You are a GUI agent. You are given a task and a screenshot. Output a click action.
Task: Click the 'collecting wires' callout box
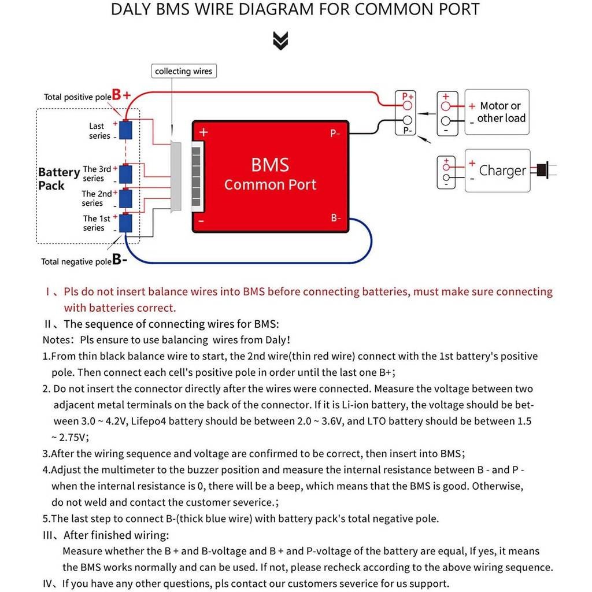point(183,71)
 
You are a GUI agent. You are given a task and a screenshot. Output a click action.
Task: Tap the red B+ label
point(121,95)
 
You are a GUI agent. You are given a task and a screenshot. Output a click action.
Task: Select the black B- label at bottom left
point(120,260)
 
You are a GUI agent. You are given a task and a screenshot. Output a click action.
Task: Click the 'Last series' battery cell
point(125,130)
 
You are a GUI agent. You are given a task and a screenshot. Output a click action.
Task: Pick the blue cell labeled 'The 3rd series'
point(125,173)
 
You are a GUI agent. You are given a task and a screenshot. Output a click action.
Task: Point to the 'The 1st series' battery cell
point(125,223)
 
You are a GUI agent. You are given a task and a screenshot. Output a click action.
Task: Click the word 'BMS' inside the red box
point(270,165)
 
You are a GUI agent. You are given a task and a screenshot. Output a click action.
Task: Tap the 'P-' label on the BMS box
point(335,134)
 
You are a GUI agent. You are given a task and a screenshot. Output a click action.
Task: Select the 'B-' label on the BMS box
point(336,218)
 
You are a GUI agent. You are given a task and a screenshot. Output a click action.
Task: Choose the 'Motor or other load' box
point(497,112)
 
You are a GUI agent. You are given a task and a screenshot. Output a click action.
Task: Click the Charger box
point(497,171)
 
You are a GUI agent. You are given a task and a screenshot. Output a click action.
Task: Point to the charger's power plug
point(542,170)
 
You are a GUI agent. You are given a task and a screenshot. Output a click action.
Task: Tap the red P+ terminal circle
point(407,106)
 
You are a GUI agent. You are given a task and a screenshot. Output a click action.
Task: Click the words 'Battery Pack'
point(58,179)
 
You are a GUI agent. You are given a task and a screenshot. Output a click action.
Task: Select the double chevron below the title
point(280,40)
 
